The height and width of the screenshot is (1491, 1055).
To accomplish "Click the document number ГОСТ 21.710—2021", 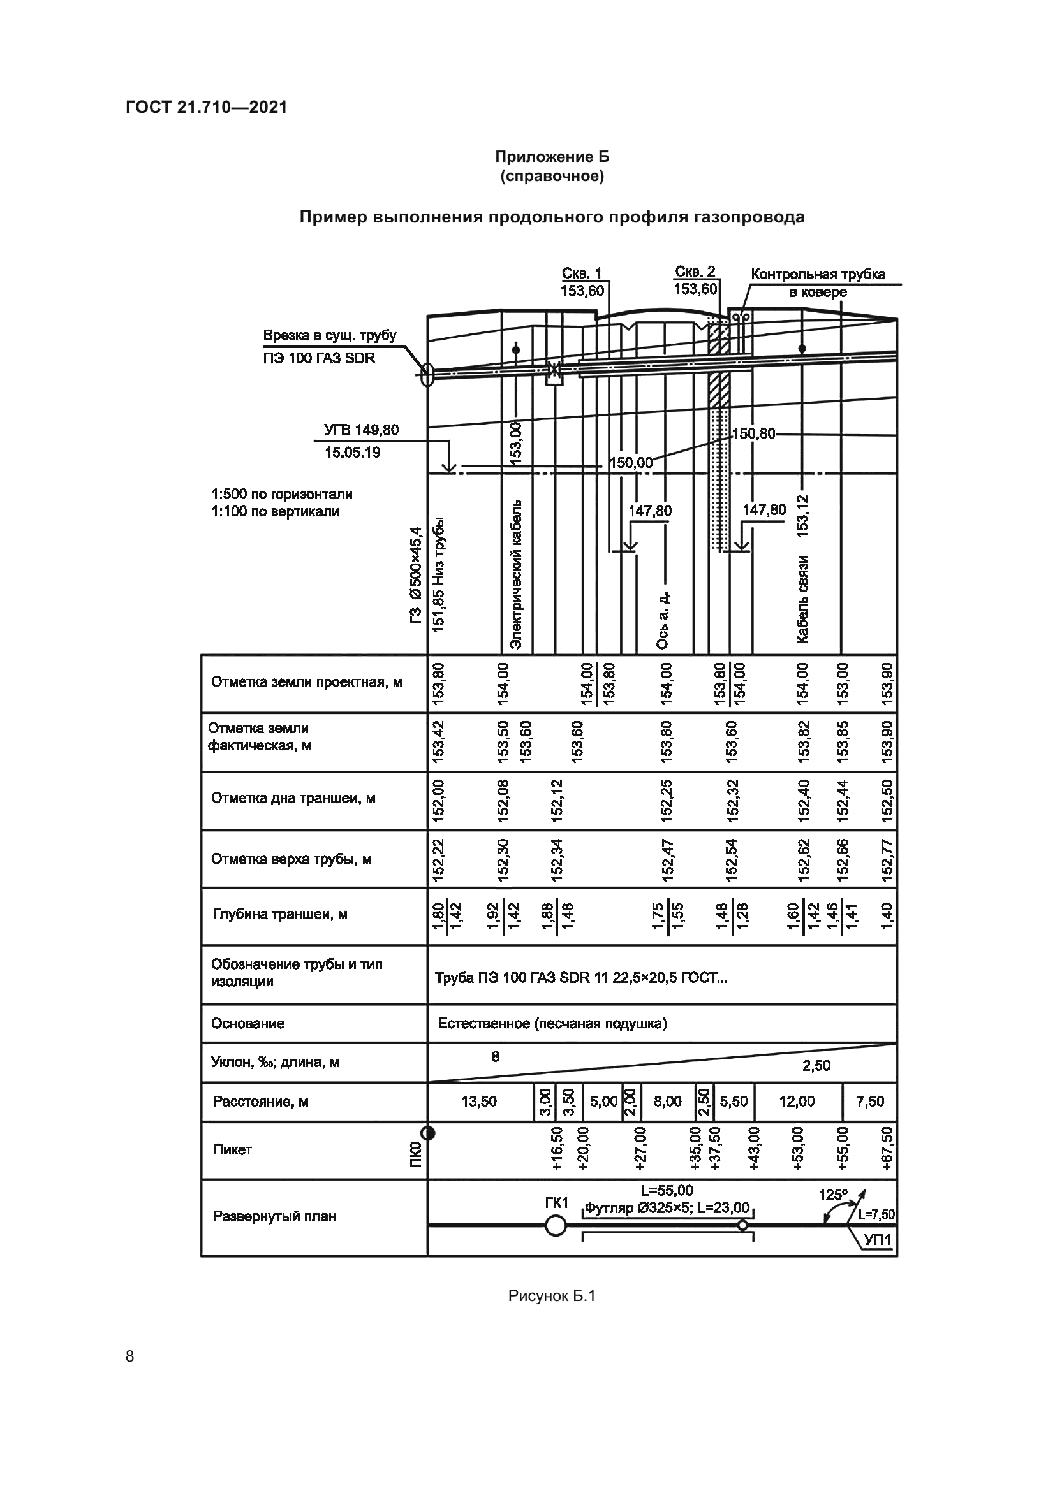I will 206,108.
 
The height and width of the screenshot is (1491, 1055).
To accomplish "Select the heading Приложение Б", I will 552,157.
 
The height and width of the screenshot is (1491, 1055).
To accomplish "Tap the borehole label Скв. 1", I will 581,273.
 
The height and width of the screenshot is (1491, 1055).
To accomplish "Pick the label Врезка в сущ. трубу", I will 329,336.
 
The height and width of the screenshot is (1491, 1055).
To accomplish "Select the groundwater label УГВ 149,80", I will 361,430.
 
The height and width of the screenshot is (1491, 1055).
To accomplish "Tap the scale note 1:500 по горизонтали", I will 281,494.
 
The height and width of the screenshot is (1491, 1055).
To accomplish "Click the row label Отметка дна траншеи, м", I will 293,798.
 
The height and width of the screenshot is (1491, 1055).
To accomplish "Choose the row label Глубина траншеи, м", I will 280,914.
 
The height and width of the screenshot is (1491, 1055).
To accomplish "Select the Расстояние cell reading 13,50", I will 479,1102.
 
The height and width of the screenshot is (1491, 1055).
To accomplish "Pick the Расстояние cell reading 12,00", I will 797,1102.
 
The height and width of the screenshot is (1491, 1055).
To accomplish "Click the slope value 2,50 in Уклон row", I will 816,1066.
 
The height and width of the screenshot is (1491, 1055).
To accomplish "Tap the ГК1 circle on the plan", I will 556,1226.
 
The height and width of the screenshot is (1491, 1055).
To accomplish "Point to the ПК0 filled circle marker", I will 427,1134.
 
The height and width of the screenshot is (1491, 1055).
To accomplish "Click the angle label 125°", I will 833,1195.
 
